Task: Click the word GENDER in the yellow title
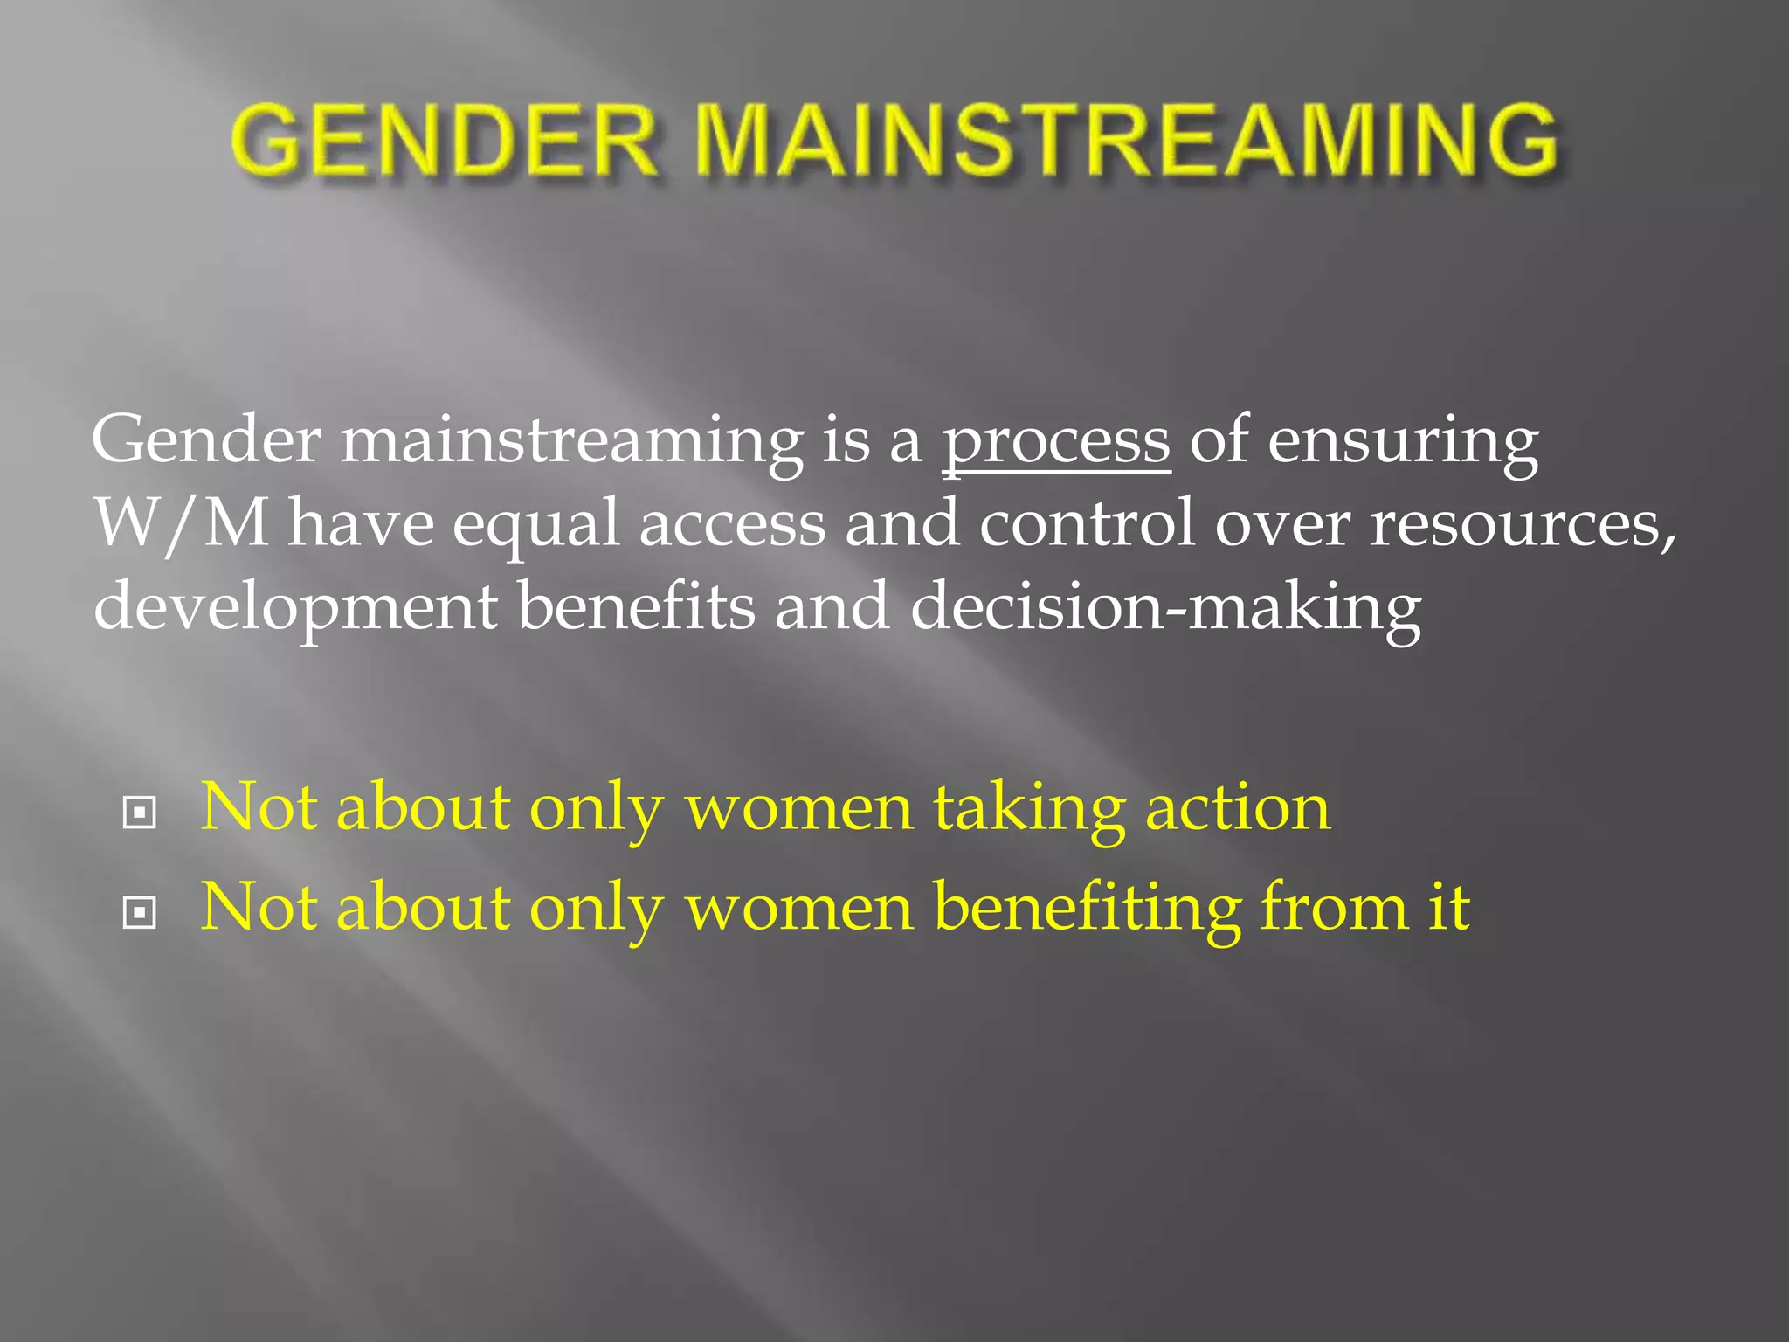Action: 444,140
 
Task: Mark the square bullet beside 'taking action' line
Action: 140,813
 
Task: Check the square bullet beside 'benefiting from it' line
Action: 140,913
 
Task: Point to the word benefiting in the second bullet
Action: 1086,909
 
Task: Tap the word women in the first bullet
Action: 798,808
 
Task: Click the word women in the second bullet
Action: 798,909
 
